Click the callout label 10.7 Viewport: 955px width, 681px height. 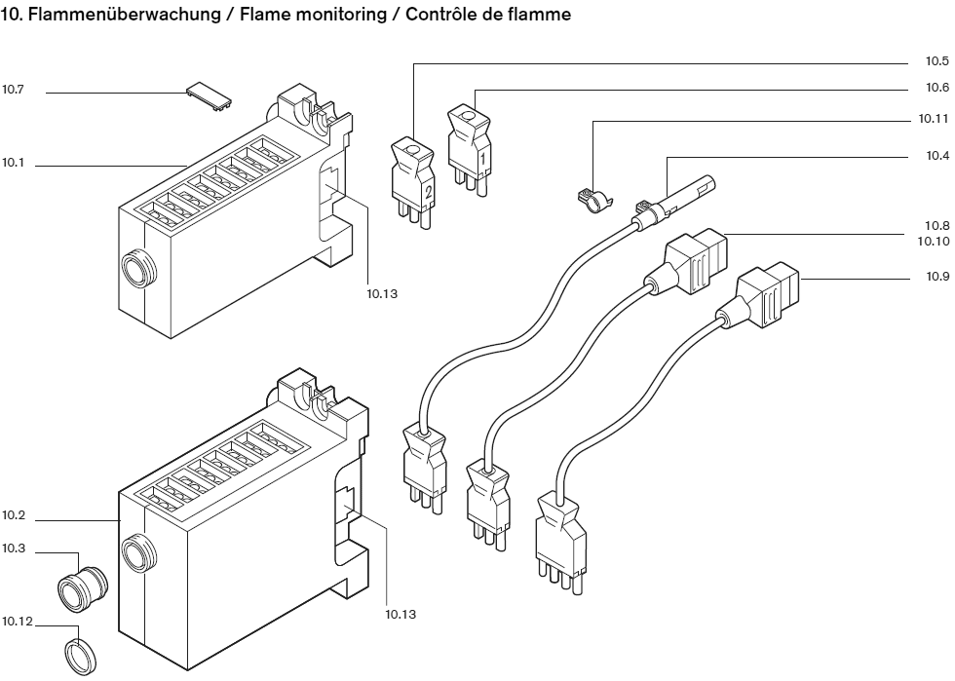(x=13, y=90)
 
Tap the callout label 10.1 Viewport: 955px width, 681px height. (x=13, y=163)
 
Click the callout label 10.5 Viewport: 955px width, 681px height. (x=936, y=60)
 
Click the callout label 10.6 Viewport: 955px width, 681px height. (x=936, y=87)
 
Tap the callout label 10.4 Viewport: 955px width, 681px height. (x=936, y=155)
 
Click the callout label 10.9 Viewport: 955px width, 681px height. (x=936, y=277)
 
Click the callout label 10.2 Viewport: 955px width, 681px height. (x=13, y=514)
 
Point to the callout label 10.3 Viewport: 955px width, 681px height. (x=13, y=549)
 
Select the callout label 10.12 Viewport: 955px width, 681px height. (x=17, y=622)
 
